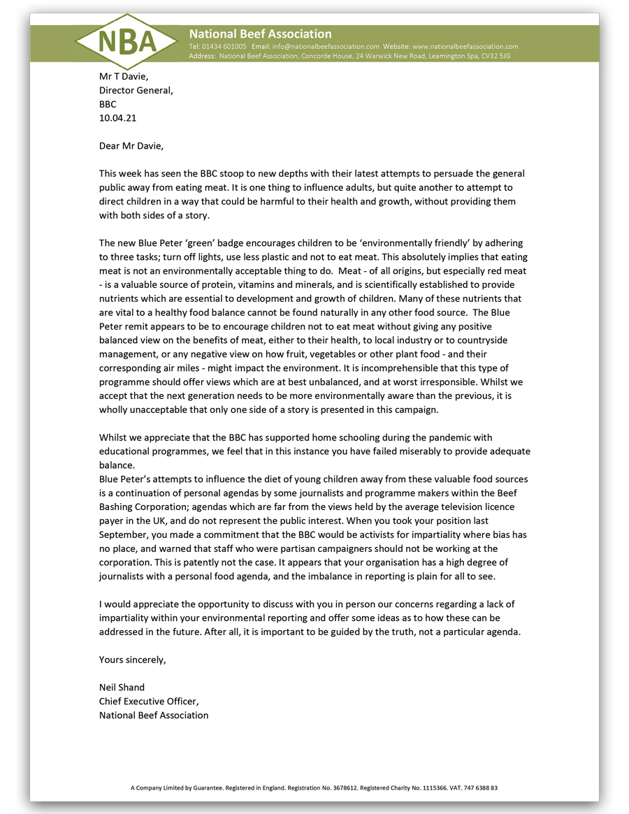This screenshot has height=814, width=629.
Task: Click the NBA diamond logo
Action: pyautogui.click(x=126, y=42)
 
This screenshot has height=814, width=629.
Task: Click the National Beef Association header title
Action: pyautogui.click(x=260, y=34)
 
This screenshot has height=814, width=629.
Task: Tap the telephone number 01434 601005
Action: pyautogui.click(x=223, y=46)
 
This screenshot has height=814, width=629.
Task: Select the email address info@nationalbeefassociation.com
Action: pyautogui.click(x=328, y=46)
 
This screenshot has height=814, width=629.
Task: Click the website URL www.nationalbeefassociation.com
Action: pyautogui.click(x=465, y=46)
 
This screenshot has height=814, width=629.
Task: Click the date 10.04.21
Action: pyautogui.click(x=118, y=118)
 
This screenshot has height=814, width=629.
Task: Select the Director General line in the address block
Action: pyautogui.click(x=136, y=90)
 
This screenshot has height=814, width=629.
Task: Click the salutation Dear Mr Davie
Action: pyautogui.click(x=131, y=146)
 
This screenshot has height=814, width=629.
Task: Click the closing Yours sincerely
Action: pyautogui.click(x=132, y=659)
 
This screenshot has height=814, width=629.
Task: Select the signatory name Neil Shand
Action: pyautogui.click(x=122, y=687)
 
